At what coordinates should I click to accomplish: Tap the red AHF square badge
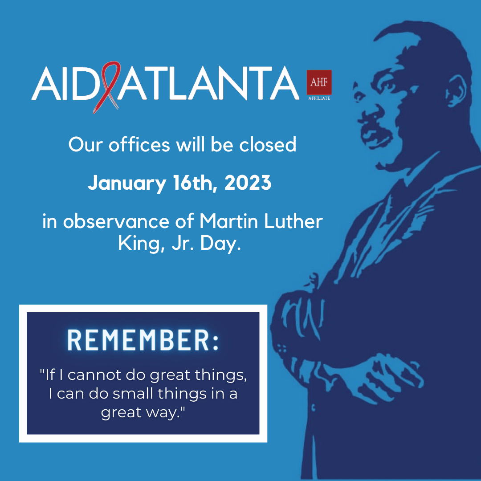(x=319, y=82)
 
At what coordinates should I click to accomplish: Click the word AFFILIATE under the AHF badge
(x=319, y=98)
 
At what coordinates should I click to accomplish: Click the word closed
(x=268, y=144)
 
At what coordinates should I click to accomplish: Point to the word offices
(x=139, y=144)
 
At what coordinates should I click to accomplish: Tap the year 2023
(x=248, y=183)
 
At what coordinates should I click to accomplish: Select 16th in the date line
(x=196, y=183)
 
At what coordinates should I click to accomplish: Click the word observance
(x=116, y=221)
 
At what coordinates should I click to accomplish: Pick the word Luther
(x=293, y=221)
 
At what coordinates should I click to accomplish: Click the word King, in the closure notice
(x=139, y=244)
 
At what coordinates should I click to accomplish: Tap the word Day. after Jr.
(x=220, y=244)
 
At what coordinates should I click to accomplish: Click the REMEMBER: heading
(x=143, y=340)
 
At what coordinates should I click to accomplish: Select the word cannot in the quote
(x=94, y=375)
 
